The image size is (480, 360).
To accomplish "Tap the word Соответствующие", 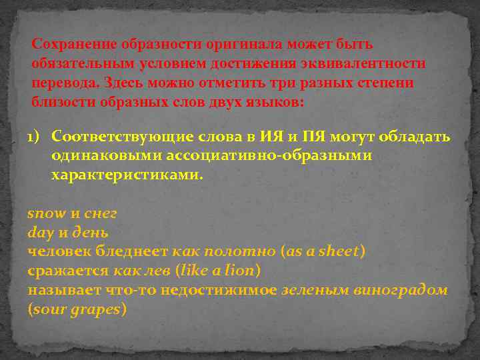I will click(123, 137).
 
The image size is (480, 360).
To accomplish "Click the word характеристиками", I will click(126, 176).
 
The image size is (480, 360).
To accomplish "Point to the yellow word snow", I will click(46, 214).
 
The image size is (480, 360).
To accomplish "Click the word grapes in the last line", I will click(96, 310).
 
